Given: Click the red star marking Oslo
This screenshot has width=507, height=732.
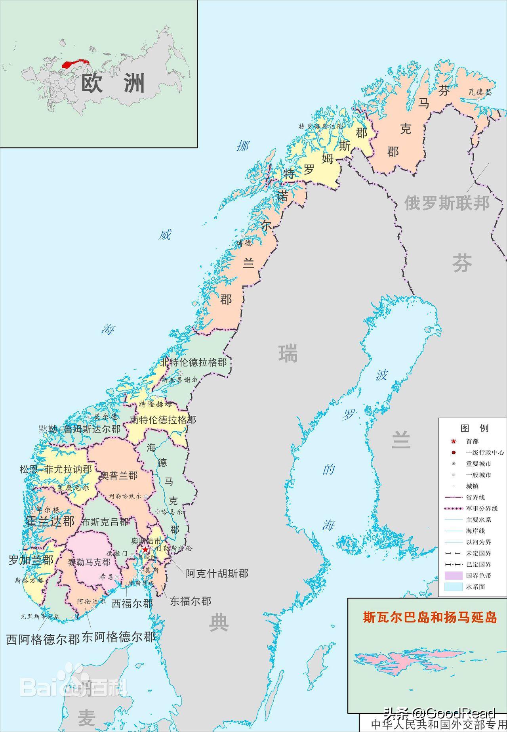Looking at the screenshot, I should (x=145, y=550).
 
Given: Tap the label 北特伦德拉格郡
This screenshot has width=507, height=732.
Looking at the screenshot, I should (x=193, y=362).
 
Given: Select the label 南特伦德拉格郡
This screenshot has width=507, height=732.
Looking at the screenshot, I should (x=163, y=420).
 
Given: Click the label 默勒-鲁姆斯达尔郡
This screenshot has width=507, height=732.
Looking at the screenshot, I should (x=80, y=429).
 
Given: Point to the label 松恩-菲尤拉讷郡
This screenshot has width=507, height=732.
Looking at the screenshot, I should (x=55, y=470).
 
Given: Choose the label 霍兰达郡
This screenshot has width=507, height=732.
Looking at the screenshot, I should (x=50, y=522).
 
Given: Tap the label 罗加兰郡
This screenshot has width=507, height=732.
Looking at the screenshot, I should (x=31, y=560).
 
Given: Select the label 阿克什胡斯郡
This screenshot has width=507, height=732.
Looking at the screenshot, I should (x=217, y=573).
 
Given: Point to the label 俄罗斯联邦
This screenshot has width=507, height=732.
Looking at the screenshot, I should (x=447, y=203).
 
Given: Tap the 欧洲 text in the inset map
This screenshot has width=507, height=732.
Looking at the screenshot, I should (x=113, y=83).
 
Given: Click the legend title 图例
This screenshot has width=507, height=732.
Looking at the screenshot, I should (x=475, y=428).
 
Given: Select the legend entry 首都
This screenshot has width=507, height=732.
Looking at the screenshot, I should (x=472, y=441).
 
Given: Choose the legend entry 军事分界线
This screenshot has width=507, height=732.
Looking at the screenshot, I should (x=482, y=508).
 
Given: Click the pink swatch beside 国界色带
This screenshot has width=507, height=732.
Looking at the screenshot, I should (x=453, y=575).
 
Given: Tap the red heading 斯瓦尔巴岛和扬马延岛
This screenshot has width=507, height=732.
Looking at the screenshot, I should (x=430, y=617).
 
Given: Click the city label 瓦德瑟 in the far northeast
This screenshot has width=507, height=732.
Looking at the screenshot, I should (x=480, y=92).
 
